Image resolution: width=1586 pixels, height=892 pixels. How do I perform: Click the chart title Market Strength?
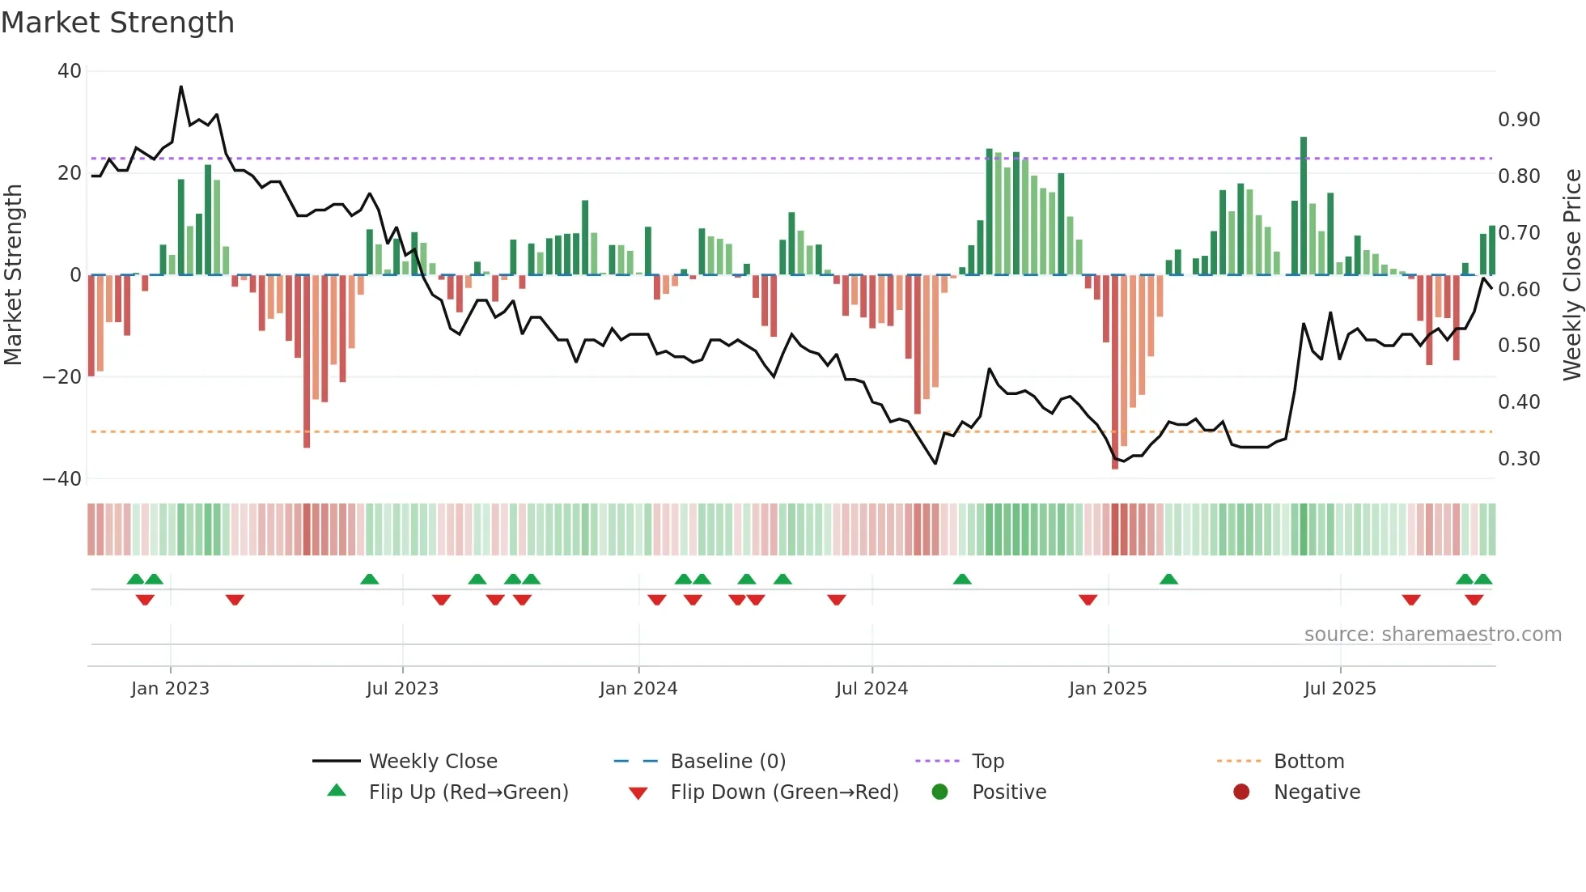pyautogui.click(x=117, y=23)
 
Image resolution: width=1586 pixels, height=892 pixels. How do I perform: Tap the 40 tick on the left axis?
pyautogui.click(x=69, y=71)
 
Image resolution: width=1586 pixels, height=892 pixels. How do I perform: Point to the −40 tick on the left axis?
pyautogui.click(x=62, y=478)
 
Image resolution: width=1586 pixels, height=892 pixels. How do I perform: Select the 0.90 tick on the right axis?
pyautogui.click(x=1519, y=120)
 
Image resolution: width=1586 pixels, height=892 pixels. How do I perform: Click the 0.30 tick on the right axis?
pyautogui.click(x=1519, y=459)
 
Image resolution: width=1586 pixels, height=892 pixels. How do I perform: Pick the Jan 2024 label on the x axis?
pyautogui.click(x=638, y=689)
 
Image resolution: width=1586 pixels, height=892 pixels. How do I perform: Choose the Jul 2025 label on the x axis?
pyautogui.click(x=1340, y=689)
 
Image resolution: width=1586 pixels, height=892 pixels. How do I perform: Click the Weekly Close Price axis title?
pyautogui.click(x=1571, y=274)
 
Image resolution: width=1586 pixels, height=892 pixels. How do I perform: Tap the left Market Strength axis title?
pyautogui.click(x=13, y=274)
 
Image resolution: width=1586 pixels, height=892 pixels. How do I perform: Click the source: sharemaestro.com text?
pyautogui.click(x=1432, y=635)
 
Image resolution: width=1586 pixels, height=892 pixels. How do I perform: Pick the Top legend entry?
pyautogui.click(x=987, y=762)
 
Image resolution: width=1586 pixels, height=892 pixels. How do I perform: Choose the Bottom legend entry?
pyautogui.click(x=1308, y=762)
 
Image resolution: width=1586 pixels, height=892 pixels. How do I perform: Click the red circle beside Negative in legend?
pyautogui.click(x=1241, y=792)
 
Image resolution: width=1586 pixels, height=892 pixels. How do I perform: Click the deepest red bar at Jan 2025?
pyautogui.click(x=1115, y=372)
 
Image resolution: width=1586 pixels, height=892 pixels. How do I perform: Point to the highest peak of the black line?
pyautogui.click(x=180, y=87)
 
